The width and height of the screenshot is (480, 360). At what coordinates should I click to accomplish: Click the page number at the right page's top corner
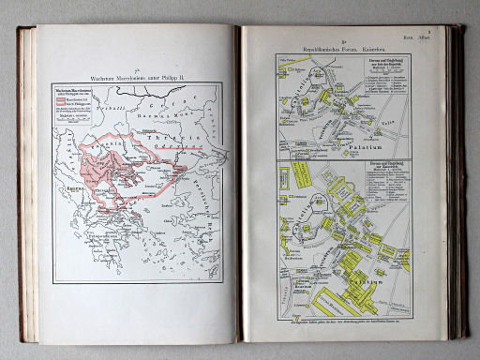(x=452, y=31)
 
